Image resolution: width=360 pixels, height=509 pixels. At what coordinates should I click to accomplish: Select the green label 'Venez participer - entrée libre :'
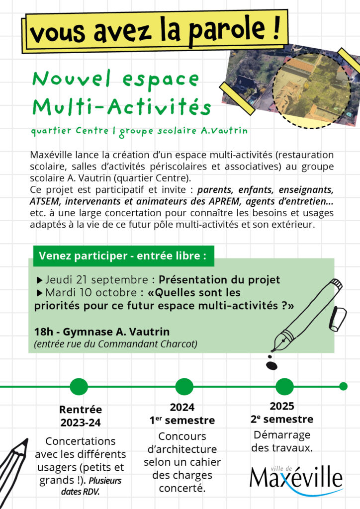(x=122, y=256)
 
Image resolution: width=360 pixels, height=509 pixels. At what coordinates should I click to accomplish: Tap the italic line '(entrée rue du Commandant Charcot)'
(x=116, y=343)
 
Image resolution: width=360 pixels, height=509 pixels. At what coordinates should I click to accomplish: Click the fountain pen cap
(x=338, y=318)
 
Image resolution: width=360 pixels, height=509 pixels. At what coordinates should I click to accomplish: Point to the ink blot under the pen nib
(x=272, y=365)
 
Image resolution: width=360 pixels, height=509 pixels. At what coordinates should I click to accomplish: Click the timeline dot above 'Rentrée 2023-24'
(x=79, y=386)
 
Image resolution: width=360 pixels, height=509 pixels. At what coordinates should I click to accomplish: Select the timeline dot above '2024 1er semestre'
(x=184, y=386)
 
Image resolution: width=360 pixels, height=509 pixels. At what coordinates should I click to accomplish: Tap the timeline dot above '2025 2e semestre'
(x=284, y=386)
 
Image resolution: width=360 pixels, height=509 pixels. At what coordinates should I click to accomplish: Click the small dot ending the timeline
(x=343, y=386)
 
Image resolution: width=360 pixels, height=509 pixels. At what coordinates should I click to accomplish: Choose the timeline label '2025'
(x=282, y=406)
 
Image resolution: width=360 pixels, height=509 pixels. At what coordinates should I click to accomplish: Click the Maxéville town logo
(x=296, y=478)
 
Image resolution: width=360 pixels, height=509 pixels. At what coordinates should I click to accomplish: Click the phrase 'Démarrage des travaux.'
(x=282, y=441)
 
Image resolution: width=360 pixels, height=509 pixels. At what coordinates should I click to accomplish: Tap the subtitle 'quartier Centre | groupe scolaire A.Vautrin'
(x=139, y=132)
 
